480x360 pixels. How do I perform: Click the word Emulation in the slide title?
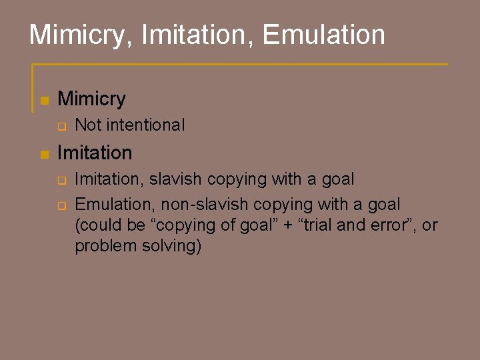pyautogui.click(x=324, y=35)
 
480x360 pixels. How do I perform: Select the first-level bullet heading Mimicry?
pyautogui.click(x=92, y=99)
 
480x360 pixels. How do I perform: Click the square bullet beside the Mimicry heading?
pyautogui.click(x=44, y=101)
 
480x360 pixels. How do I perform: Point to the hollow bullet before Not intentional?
pyautogui.click(x=61, y=126)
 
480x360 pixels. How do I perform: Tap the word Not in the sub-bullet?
pyautogui.click(x=88, y=125)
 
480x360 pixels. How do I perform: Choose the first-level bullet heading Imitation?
pyautogui.click(x=95, y=153)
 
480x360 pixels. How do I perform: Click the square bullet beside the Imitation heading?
pyautogui.click(x=44, y=154)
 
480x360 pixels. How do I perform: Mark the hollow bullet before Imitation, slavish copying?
pyautogui.click(x=61, y=180)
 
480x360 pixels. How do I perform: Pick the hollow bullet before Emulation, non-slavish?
pyautogui.click(x=61, y=205)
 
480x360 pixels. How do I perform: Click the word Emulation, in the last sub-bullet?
pyautogui.click(x=114, y=203)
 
